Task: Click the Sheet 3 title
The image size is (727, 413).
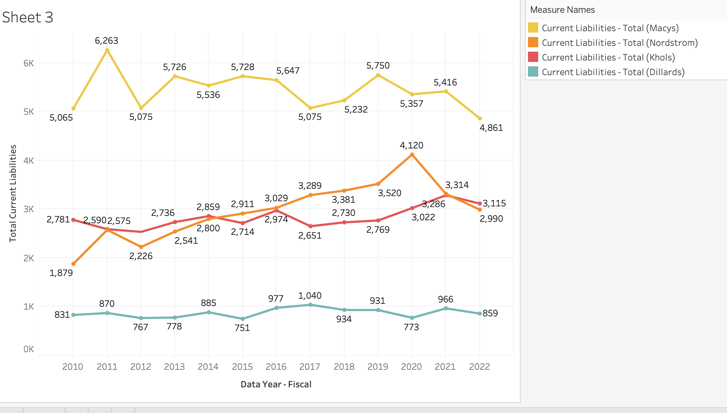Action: [28, 17]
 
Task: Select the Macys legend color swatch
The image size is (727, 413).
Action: [533, 28]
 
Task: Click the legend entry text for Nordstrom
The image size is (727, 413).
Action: [619, 43]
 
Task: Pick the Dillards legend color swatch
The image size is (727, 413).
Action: [533, 72]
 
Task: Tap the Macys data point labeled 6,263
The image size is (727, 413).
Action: [107, 50]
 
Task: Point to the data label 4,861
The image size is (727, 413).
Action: [491, 128]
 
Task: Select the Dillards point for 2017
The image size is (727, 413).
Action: [310, 305]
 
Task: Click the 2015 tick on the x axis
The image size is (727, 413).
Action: [242, 367]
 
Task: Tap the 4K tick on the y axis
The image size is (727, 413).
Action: [29, 161]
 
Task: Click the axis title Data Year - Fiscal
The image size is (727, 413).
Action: [276, 384]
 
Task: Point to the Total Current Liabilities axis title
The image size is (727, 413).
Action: [13, 193]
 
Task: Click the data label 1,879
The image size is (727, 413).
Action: [61, 273]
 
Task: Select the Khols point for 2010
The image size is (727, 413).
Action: [74, 220]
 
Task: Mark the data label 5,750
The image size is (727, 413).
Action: [378, 66]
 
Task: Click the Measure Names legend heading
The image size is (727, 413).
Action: [562, 10]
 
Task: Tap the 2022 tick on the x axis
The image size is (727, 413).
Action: [479, 367]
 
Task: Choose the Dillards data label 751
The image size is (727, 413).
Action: [242, 328]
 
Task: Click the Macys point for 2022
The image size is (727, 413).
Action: [480, 118]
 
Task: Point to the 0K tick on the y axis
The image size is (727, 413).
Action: [29, 349]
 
